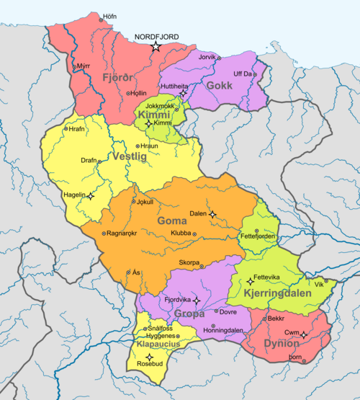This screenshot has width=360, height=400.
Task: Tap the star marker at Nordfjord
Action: point(156,47)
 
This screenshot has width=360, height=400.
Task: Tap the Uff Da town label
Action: point(243,74)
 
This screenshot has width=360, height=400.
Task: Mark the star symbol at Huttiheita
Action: point(184,94)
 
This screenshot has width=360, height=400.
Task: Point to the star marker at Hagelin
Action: point(91,195)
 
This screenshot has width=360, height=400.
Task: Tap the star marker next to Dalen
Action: point(213,213)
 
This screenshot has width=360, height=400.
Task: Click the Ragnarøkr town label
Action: point(126,234)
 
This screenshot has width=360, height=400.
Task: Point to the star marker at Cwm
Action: point(304,334)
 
